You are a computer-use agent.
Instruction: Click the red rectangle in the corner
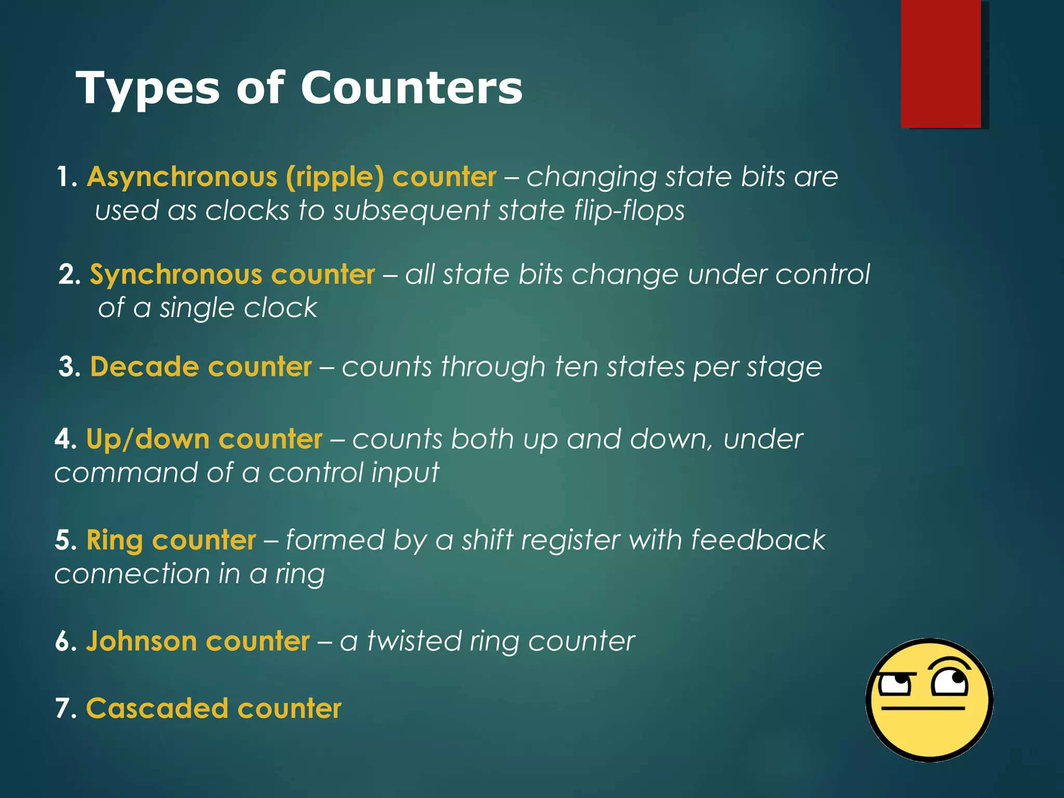click(x=941, y=63)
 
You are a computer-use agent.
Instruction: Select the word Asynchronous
click(x=182, y=177)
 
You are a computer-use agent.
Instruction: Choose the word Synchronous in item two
click(x=176, y=275)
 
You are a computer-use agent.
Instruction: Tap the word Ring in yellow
click(x=115, y=540)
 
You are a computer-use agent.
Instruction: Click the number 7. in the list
click(x=66, y=709)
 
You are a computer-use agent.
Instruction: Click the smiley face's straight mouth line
click(x=923, y=708)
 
